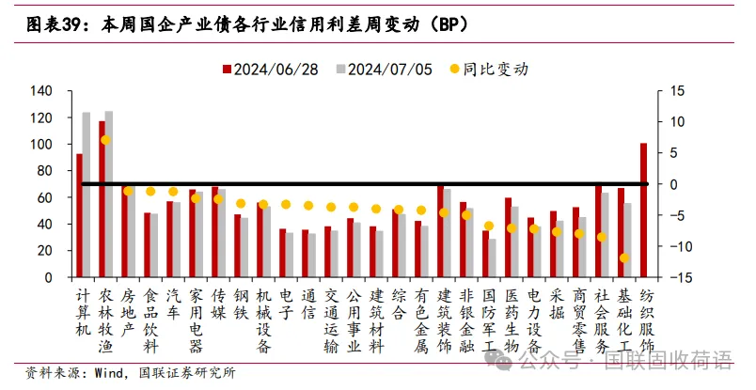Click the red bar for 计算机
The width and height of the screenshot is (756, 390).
[x=80, y=215]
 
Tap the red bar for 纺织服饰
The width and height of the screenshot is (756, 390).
[x=643, y=211]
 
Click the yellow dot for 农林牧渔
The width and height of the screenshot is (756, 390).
[x=106, y=139]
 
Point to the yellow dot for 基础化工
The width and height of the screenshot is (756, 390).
[x=624, y=257]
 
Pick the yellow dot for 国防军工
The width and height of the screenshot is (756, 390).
[x=489, y=226]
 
